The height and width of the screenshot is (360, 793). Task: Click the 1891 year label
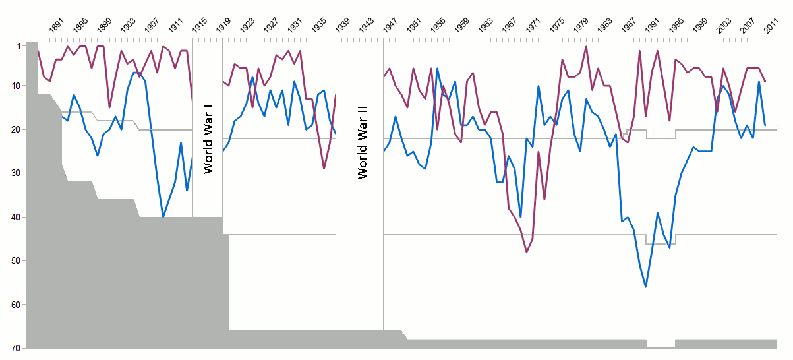coord(57,26)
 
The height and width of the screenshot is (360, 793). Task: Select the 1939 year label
coord(343,26)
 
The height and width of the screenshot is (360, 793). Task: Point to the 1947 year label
coord(391,26)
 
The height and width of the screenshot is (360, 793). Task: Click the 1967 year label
coord(510,26)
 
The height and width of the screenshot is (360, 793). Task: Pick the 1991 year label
coord(653,26)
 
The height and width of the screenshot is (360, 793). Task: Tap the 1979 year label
coord(582,26)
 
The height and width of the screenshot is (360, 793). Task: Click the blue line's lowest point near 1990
coord(645,286)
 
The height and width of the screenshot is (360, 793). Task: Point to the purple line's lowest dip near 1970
coord(526,252)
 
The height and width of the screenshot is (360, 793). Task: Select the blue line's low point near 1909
coord(163,217)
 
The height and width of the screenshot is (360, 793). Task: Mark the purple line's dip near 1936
coord(324,169)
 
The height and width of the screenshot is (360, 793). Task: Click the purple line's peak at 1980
coord(586,46)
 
